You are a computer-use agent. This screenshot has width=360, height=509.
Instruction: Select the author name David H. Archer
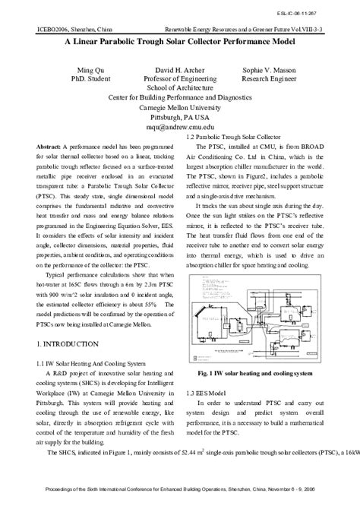(181, 68)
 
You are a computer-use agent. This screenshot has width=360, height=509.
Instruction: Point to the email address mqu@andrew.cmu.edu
(180, 128)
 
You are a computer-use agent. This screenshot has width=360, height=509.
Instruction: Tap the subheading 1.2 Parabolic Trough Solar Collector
(229, 136)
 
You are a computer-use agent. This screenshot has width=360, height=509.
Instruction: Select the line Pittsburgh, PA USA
(180, 118)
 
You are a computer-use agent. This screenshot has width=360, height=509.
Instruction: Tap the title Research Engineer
(270, 77)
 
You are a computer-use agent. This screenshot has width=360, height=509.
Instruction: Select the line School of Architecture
(180, 87)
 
